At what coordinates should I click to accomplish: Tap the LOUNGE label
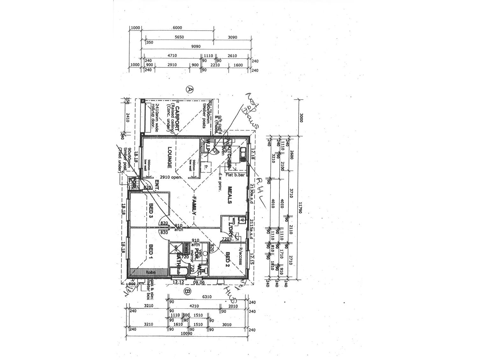[169, 157]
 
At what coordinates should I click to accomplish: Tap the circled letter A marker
[190, 89]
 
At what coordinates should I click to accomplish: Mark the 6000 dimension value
[177, 28]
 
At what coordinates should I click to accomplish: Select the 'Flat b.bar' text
[234, 174]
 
